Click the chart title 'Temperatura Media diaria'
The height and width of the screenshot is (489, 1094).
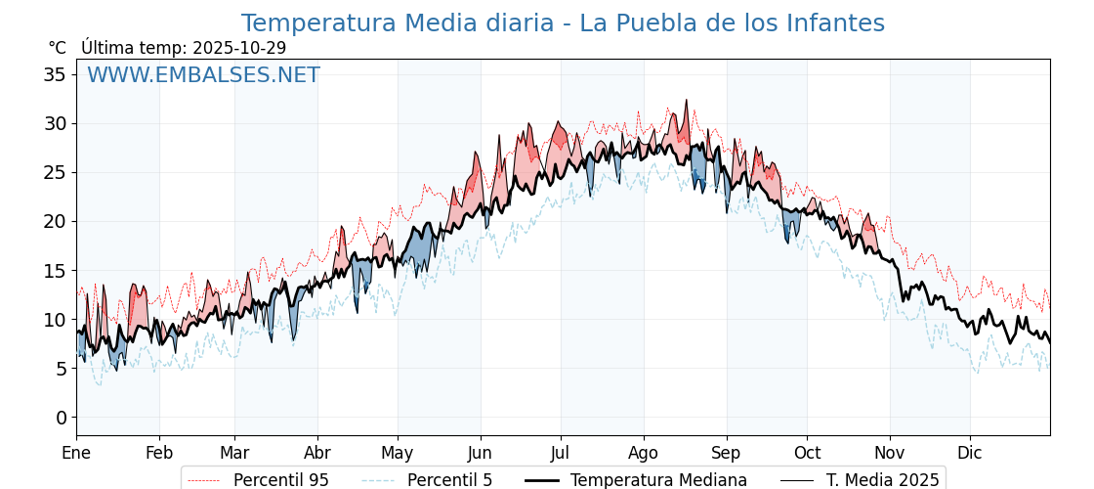[x=563, y=23]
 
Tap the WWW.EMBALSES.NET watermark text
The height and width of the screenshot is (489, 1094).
[x=203, y=75]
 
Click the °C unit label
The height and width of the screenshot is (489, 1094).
[x=57, y=48]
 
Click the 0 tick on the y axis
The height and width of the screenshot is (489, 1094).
[x=61, y=418]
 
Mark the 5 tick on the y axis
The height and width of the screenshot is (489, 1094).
[x=61, y=369]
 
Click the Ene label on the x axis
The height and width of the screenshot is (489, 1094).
[x=76, y=453]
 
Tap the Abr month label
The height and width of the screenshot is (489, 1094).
[x=317, y=453]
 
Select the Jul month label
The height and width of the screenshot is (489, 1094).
[x=561, y=453]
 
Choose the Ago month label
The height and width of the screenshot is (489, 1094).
[x=644, y=453]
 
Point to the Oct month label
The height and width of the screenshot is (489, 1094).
[x=807, y=453]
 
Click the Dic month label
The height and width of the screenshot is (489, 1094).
[x=970, y=453]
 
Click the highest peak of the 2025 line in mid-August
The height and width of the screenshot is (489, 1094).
[x=687, y=100]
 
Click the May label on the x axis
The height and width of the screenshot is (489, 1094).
[x=398, y=453]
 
